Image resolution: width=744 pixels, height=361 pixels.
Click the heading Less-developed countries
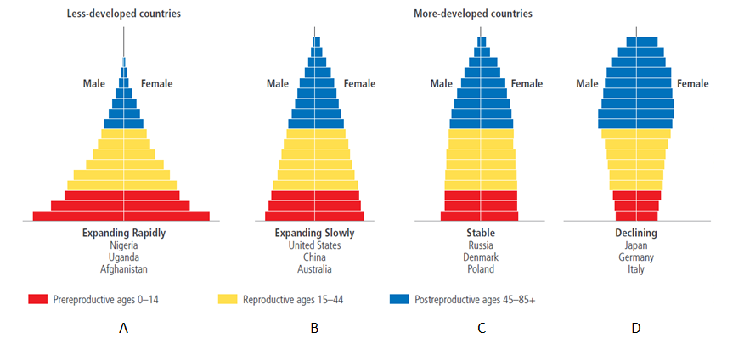tap(124, 14)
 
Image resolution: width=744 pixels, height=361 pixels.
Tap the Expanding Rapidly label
tap(124, 233)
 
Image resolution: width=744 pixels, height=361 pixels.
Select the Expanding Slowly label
tap(314, 233)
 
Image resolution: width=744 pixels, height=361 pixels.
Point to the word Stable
tap(481, 233)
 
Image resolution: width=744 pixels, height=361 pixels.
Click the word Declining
tap(636, 233)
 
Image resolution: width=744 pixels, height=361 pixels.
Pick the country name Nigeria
tap(124, 245)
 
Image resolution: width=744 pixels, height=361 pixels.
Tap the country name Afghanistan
tap(124, 269)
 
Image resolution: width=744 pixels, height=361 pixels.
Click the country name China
tap(314, 257)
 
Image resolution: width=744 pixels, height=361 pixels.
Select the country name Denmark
tap(481, 257)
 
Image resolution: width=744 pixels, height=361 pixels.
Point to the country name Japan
tap(636, 245)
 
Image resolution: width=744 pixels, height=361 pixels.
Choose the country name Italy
tap(636, 269)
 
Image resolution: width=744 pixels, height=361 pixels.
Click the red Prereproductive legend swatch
tap(37, 299)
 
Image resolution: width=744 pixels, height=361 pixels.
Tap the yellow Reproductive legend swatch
tap(227, 299)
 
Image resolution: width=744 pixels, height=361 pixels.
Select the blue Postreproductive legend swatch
tap(398, 299)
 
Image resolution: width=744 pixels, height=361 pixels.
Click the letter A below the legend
tap(124, 329)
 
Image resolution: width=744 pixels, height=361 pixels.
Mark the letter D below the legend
tap(636, 329)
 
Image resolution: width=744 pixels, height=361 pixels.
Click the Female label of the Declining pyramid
tap(693, 83)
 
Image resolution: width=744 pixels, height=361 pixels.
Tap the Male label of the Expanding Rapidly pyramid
tap(93, 83)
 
